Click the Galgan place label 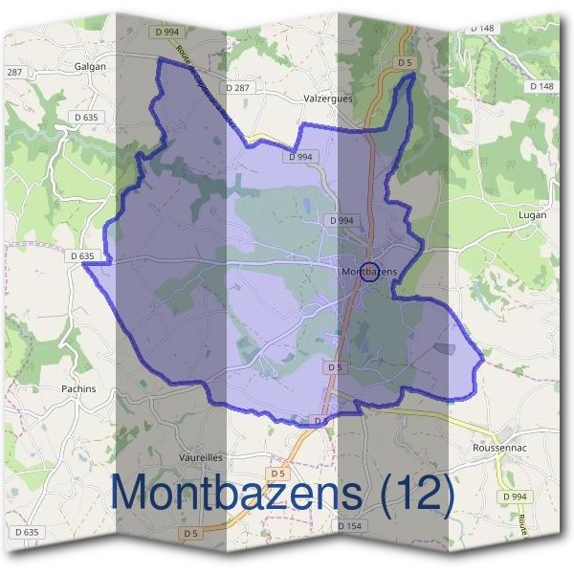[90, 67]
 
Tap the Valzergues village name [327, 97]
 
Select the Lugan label [532, 215]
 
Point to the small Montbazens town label [368, 273]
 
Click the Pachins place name [78, 389]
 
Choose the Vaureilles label [200, 456]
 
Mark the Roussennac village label [500, 447]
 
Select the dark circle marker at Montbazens [371, 271]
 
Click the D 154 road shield [349, 527]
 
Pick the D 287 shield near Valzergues [239, 87]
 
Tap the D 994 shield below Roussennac [515, 497]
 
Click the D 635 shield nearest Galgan [84, 117]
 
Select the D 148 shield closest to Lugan [541, 87]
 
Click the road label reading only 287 [14, 73]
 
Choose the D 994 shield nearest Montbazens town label [342, 220]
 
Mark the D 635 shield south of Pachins [27, 532]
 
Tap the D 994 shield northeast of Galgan [166, 32]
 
